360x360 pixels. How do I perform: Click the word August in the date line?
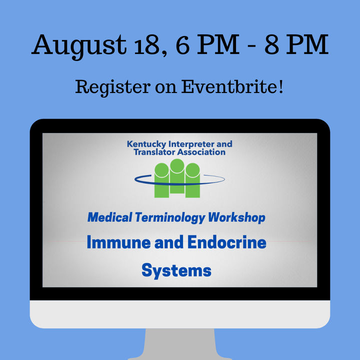tap(79, 46)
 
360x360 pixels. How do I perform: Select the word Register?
tap(112, 88)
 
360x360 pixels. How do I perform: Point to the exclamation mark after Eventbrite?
tap(281, 86)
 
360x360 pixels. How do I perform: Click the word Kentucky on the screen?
tap(146, 144)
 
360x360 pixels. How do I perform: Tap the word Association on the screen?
tap(201, 152)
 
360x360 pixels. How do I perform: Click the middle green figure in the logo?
tap(177, 176)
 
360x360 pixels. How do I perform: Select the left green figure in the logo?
tap(161, 180)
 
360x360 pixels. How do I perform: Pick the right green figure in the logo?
tap(192, 180)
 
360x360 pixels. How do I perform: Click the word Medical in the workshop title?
tap(110, 217)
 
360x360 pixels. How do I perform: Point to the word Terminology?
tap(170, 217)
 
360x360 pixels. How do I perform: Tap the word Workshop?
tap(236, 217)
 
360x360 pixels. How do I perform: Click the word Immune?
tap(118, 242)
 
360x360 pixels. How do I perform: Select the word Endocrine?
tap(227, 242)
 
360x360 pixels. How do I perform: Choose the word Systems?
tap(176, 271)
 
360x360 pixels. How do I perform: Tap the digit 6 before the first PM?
tap(183, 44)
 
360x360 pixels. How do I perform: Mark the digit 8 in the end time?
tap(271, 44)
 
